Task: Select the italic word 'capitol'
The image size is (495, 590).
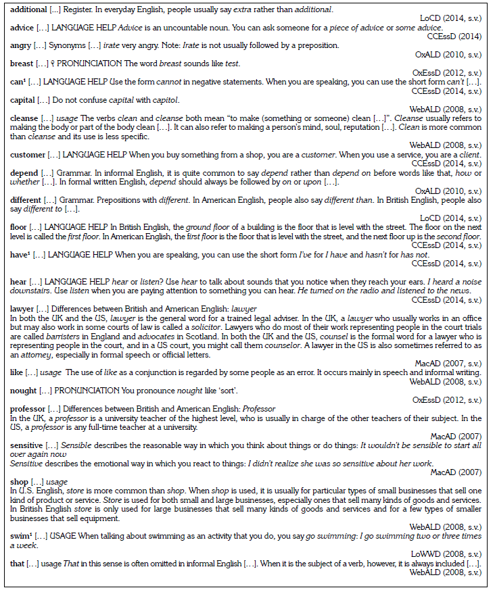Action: click(x=160, y=99)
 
